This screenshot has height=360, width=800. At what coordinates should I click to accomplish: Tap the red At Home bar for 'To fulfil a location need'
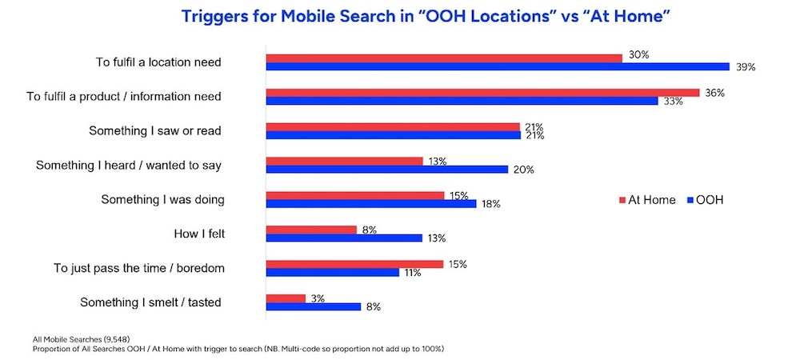(x=444, y=58)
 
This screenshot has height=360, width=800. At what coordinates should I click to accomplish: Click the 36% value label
(x=714, y=93)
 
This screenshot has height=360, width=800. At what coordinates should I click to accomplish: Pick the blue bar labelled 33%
(x=462, y=101)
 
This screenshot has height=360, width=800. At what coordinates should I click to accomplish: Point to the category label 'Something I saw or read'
(x=154, y=130)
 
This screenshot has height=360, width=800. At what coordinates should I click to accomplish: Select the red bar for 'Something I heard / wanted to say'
(x=344, y=161)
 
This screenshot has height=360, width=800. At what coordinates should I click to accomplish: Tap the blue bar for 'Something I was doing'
(x=371, y=204)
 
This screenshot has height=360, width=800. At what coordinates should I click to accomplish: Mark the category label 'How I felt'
(x=198, y=234)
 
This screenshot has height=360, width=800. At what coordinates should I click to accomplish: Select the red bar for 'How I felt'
(x=311, y=230)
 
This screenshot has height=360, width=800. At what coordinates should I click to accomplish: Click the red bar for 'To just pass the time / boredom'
(x=354, y=264)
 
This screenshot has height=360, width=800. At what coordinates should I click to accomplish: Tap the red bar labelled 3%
(x=286, y=298)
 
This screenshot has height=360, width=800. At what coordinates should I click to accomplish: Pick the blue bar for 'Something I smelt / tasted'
(x=314, y=306)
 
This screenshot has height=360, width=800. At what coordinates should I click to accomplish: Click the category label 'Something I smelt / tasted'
(x=150, y=302)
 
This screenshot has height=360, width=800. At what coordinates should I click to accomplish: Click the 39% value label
(x=746, y=67)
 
